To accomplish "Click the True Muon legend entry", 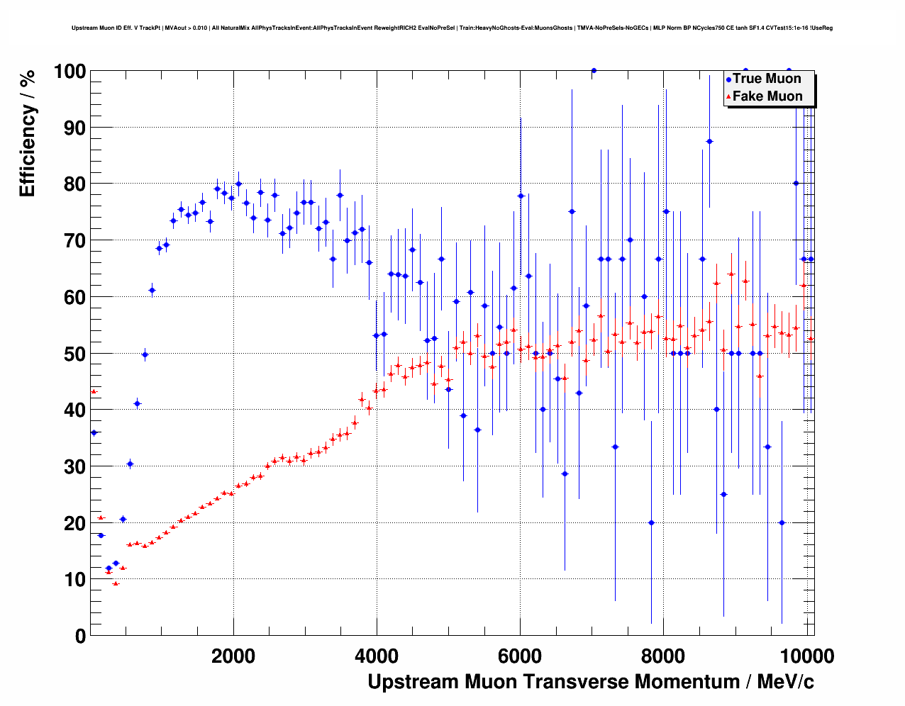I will (767, 79).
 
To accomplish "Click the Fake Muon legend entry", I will (767, 96).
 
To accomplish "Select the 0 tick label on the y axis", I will (80, 637).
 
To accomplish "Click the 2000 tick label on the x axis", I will (233, 656).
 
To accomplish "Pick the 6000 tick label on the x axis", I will (520, 656).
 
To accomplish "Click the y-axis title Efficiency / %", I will (28, 133).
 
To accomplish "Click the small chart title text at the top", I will (452, 28).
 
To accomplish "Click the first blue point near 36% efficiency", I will (94, 432).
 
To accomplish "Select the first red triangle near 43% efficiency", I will (94, 391).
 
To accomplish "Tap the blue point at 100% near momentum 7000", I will (594, 70).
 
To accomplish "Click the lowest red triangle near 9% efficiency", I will (116, 583).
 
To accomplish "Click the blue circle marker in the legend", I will (728, 79).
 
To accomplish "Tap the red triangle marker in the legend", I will (728, 97).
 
